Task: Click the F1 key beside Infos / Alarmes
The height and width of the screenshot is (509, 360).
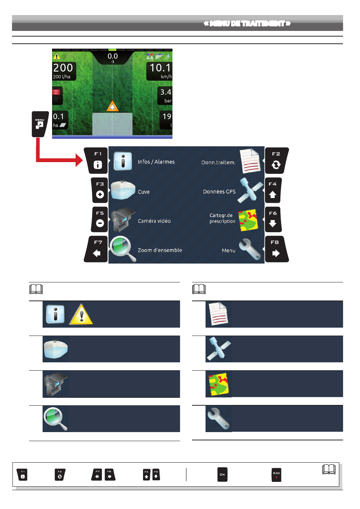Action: point(97,160)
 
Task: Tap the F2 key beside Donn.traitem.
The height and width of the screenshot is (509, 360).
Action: point(276,160)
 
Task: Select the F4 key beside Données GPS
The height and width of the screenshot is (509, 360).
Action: point(273,190)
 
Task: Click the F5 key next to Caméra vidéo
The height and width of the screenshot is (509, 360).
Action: point(100,219)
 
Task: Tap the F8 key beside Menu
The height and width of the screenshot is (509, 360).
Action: point(276,249)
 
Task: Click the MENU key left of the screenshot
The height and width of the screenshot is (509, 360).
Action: point(40,124)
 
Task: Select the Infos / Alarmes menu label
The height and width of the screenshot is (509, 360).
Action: point(156,162)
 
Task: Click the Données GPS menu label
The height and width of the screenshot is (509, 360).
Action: point(219,192)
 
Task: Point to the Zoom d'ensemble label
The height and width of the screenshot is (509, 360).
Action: point(160,250)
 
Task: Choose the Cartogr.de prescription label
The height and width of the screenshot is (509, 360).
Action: point(222,218)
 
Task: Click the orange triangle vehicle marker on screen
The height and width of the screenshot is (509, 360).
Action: point(112,106)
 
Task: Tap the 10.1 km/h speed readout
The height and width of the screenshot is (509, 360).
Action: point(160,71)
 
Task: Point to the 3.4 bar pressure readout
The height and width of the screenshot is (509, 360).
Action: point(165,95)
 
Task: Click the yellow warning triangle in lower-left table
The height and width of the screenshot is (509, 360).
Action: point(81,315)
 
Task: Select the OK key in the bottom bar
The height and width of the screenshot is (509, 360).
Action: point(222,474)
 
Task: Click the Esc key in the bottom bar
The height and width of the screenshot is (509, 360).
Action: point(276,475)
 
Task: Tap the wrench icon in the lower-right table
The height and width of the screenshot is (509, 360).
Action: point(218,419)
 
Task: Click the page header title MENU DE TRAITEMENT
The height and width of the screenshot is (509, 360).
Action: point(247,24)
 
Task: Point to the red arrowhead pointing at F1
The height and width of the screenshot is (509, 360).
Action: point(79,160)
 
